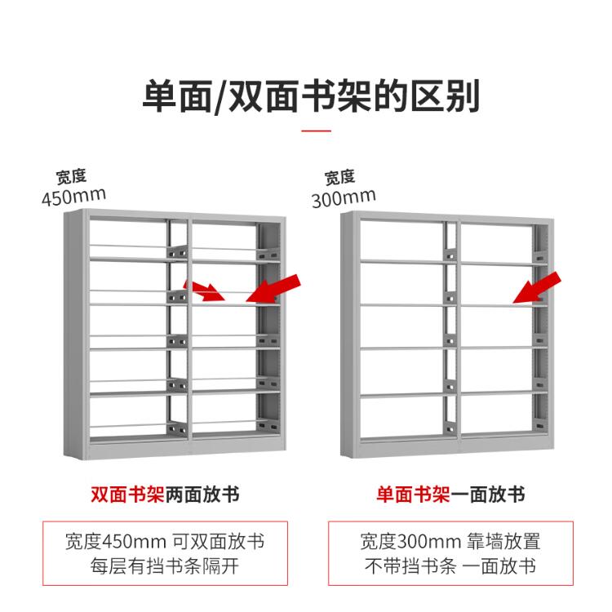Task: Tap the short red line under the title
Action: (317, 130)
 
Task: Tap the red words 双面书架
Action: (127, 495)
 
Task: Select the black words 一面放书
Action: (488, 495)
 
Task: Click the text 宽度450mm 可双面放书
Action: (165, 542)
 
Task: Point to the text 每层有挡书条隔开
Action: (165, 567)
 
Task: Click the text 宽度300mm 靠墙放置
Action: (450, 542)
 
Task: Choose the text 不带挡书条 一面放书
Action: (450, 567)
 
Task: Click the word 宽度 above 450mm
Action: (71, 176)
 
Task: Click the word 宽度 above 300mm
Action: (339, 177)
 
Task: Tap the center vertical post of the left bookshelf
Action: (180, 335)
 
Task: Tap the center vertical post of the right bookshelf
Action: (450, 335)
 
